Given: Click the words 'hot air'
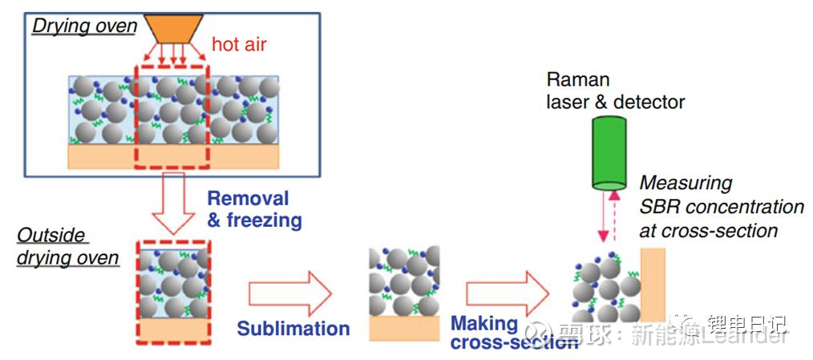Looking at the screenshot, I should click(239, 44).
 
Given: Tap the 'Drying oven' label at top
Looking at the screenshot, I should click(84, 26).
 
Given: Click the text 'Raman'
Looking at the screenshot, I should click(577, 79).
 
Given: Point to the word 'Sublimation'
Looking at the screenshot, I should click(293, 329).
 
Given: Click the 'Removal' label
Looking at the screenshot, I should click(248, 198).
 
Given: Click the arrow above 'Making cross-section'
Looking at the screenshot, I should click(508, 293).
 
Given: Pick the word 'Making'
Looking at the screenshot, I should click(484, 323).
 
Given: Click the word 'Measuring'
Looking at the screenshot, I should click(686, 183).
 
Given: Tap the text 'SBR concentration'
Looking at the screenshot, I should click(722, 207).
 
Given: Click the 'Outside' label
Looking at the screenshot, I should click(51, 237).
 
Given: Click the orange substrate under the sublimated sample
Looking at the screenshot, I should click(404, 327).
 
